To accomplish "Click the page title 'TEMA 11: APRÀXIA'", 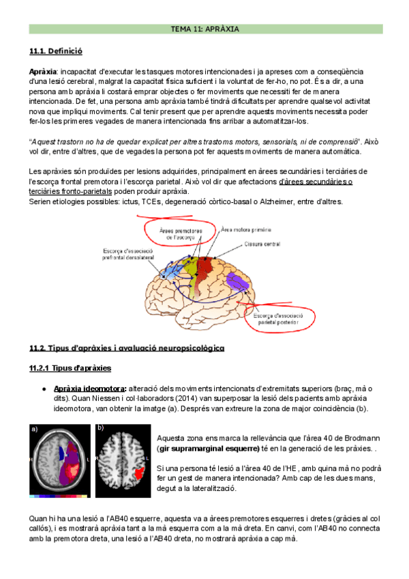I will (x=204, y=29).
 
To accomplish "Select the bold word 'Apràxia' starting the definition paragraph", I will (x=43, y=72).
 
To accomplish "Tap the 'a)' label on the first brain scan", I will (x=35, y=429).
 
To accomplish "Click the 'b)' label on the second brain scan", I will (x=99, y=428).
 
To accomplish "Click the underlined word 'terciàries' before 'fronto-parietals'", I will (x=48, y=191).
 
